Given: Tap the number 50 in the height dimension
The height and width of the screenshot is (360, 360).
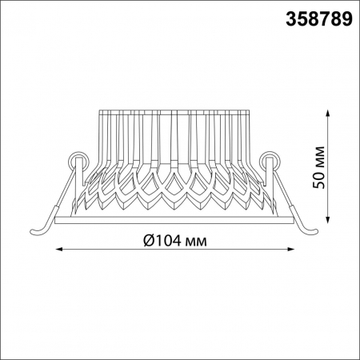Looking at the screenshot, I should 318,181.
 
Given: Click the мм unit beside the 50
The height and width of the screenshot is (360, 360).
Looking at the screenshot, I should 318,156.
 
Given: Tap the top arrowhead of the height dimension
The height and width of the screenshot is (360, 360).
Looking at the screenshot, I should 329,113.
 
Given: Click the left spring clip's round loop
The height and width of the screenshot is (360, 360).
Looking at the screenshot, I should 79,158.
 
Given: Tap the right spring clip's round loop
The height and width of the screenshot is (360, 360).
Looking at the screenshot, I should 270,158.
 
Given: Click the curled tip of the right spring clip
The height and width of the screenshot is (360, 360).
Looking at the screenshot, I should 318,230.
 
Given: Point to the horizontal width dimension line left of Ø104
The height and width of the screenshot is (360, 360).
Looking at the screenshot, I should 96,249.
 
